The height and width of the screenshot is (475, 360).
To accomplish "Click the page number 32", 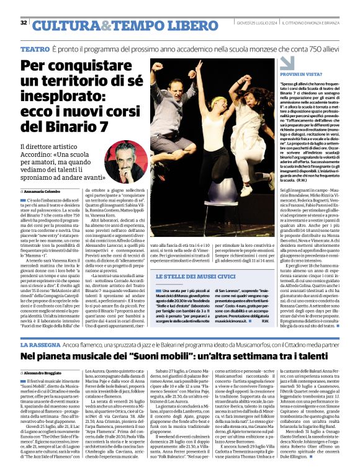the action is click(x=24, y=22).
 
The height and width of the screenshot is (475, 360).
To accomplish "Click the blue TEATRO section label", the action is click(x=35, y=48).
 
